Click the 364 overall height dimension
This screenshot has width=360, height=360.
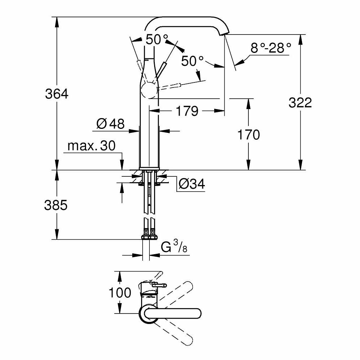(57, 94)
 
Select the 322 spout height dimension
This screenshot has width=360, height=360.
(300, 103)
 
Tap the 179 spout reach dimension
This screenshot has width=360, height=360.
(187, 111)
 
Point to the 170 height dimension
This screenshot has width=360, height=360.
(248, 135)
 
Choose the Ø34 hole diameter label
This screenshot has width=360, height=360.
(192, 184)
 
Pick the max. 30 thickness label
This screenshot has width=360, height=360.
(91, 146)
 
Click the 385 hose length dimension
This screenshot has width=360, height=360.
(56, 205)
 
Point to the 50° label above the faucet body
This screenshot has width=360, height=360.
(157, 39)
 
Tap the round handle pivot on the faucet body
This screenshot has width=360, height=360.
(149, 90)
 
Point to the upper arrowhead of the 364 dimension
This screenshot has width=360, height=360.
(57, 20)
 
